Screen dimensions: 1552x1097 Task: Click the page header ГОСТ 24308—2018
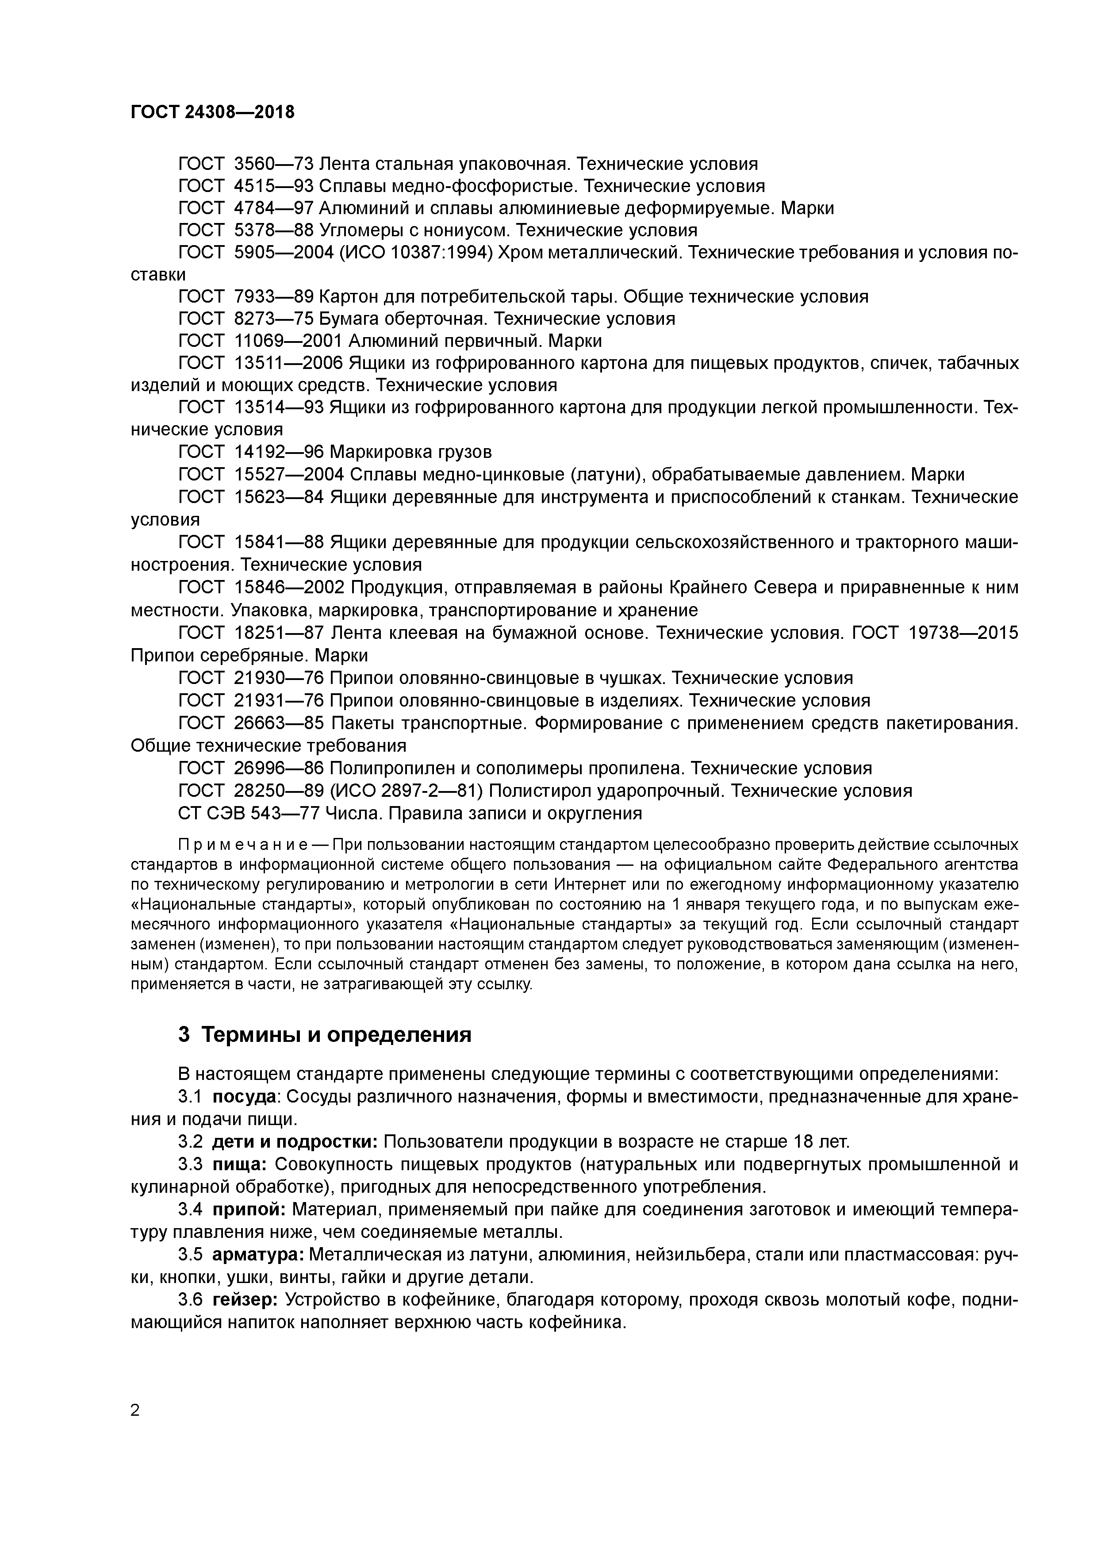(212, 112)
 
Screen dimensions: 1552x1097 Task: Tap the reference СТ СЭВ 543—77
(248, 813)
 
